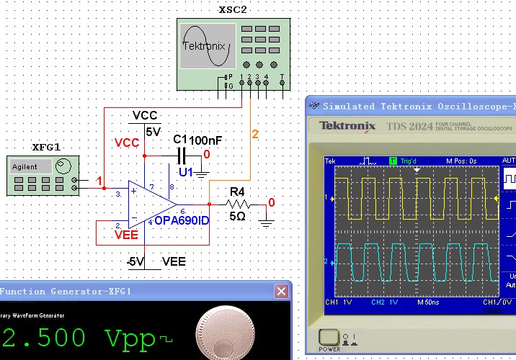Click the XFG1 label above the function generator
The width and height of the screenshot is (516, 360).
click(x=46, y=148)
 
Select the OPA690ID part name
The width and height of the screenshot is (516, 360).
click(x=182, y=220)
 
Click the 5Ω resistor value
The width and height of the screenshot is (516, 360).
click(x=237, y=216)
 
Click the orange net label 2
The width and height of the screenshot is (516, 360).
click(x=254, y=134)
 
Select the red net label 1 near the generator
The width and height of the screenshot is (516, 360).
click(x=102, y=181)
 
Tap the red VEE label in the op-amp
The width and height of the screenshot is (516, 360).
click(x=126, y=233)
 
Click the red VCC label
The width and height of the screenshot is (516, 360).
click(x=127, y=143)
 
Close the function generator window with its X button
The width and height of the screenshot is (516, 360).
click(x=281, y=291)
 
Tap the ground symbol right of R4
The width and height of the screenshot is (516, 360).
click(x=267, y=222)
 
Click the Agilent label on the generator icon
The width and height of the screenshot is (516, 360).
click(x=25, y=166)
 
